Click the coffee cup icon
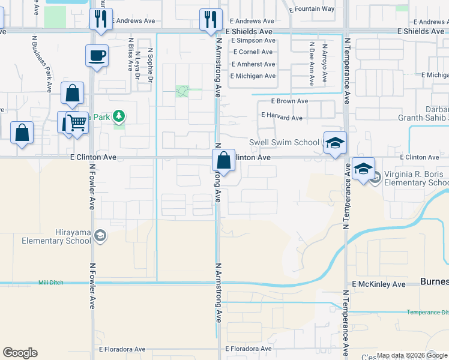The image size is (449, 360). coord(97,56)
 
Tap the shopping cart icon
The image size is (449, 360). coord(77,124)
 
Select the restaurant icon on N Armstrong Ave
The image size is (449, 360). coord(211,20)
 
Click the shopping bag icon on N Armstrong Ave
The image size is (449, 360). coord(223,161)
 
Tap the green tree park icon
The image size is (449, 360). coord(119,116)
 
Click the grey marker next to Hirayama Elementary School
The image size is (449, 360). coord(100,236)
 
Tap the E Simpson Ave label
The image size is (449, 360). coord(253,41)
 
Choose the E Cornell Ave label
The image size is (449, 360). coord(253,52)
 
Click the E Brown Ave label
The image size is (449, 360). coord(289,101)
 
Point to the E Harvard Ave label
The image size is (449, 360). coord(281,118)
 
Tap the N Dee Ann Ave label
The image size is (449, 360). coord(311,62)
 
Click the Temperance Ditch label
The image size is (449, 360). coord(427,312)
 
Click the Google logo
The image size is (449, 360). coord(20,353)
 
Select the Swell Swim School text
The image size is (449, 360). coord(284,142)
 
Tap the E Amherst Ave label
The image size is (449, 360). coord(253,64)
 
